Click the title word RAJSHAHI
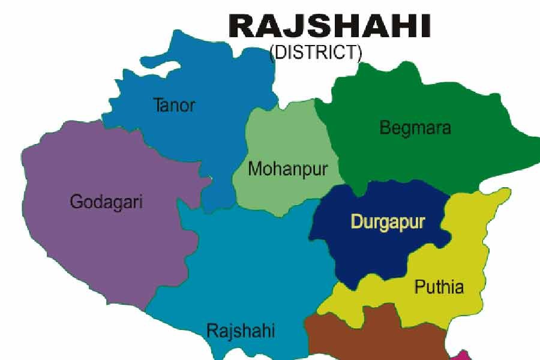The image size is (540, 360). point(329,26)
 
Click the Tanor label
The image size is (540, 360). point(175,106)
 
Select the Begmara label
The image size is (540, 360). point(415,128)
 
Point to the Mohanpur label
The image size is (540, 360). point(288,169)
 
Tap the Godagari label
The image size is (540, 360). point(106,202)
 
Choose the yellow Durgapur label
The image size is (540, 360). point(388,222)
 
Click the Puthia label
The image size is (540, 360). point(439,287)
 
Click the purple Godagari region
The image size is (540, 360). point(90,240)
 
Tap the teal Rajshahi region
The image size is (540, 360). point(252,264)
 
